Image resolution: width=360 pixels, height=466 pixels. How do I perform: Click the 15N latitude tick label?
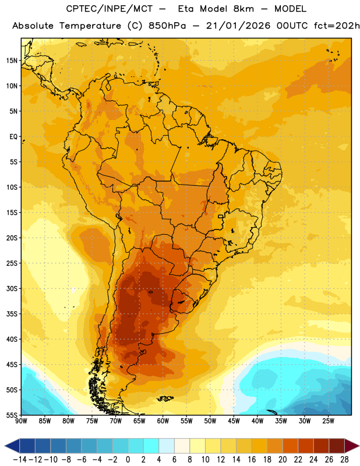pos(12,61)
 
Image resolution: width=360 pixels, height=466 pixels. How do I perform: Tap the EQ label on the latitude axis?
pos(13,137)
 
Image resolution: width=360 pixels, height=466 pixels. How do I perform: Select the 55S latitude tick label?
pos(12,415)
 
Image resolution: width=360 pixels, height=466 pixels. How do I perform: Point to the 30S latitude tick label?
pos(12,288)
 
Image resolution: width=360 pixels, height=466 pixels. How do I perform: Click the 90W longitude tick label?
pos(21,421)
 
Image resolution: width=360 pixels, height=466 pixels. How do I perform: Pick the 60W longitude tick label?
pos(163,421)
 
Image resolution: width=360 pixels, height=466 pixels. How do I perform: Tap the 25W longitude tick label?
pos(328,421)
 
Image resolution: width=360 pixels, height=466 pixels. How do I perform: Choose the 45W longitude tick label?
pos(234,421)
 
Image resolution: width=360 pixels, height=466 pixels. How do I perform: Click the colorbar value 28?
pos(344,460)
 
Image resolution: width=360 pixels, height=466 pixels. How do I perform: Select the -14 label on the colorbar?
pos(20,460)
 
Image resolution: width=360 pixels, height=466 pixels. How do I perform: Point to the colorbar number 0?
pos(128,460)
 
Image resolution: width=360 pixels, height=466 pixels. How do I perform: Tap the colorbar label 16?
pos(252,460)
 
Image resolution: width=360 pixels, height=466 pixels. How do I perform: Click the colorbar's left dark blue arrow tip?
pos(5,446)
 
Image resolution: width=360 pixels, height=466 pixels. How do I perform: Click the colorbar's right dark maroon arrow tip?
pos(359,446)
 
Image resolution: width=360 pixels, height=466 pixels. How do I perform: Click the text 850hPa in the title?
pos(167,26)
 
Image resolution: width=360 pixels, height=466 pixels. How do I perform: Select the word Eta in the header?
pos(186,9)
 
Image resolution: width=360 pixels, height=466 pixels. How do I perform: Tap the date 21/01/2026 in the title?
pos(238,26)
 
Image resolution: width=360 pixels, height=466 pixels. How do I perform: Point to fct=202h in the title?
pos(337,26)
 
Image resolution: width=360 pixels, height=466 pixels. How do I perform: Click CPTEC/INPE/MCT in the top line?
pos(109,9)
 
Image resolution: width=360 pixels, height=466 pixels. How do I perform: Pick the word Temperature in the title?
pos(90,26)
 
